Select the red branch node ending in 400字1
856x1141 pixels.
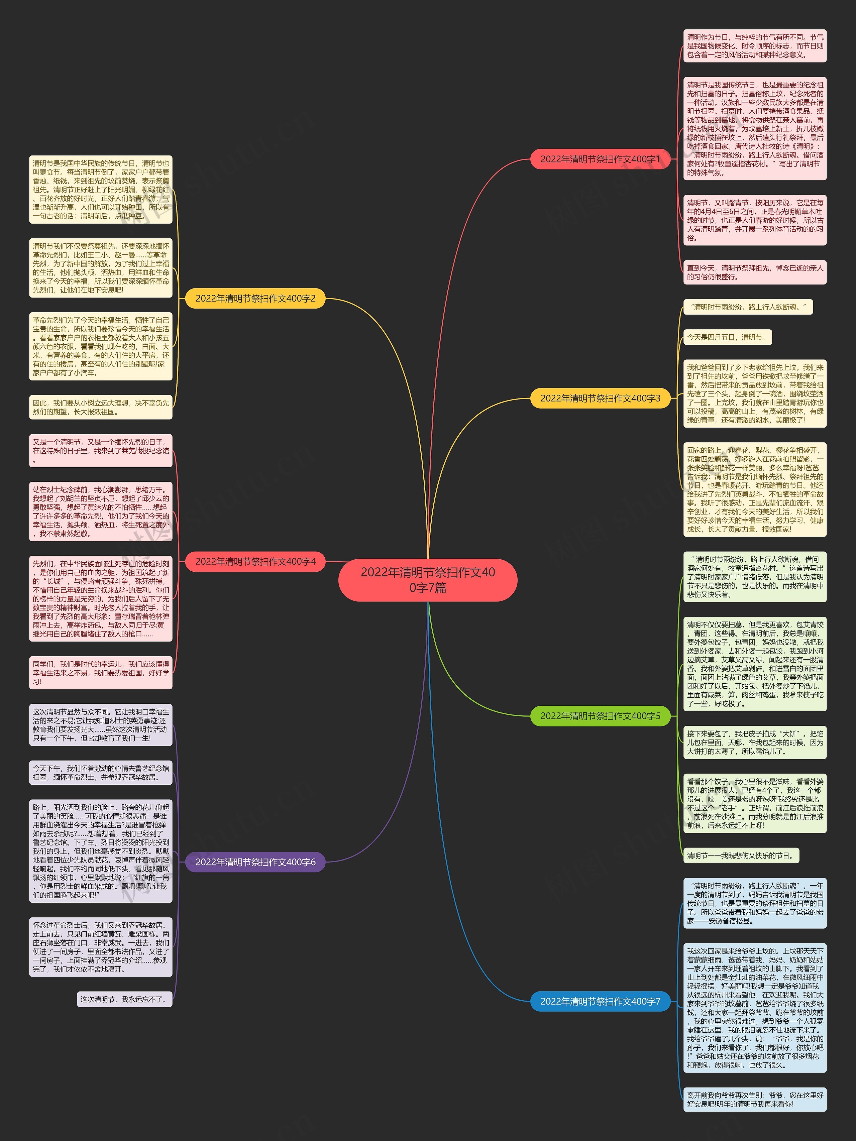(x=600, y=159)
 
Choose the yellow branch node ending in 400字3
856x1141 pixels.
(x=600, y=398)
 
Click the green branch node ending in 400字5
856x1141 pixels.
(x=600, y=716)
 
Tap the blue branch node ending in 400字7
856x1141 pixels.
(x=600, y=1001)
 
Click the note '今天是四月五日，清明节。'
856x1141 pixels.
(x=728, y=337)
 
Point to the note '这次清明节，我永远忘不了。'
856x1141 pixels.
(x=124, y=999)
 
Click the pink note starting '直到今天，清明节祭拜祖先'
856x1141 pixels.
(x=754, y=272)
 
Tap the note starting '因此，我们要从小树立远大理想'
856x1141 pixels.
(x=101, y=407)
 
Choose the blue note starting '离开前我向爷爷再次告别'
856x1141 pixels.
(x=754, y=1099)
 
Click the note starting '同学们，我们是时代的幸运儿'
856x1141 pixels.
(x=101, y=673)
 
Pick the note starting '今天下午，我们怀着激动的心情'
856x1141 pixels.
(x=101, y=773)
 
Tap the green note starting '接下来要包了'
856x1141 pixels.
(x=754, y=742)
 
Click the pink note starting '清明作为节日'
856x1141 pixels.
(x=754, y=46)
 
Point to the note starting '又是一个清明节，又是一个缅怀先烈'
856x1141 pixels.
(x=101, y=450)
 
